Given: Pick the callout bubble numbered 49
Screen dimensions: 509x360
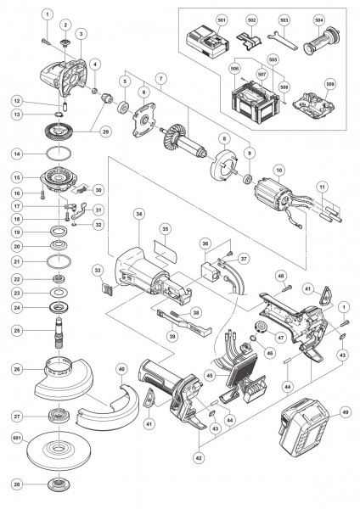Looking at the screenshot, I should pos(345,412).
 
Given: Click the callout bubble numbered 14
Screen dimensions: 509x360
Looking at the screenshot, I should pos(15,154).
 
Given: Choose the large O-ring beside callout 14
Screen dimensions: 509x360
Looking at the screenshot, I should pos(58,154).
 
